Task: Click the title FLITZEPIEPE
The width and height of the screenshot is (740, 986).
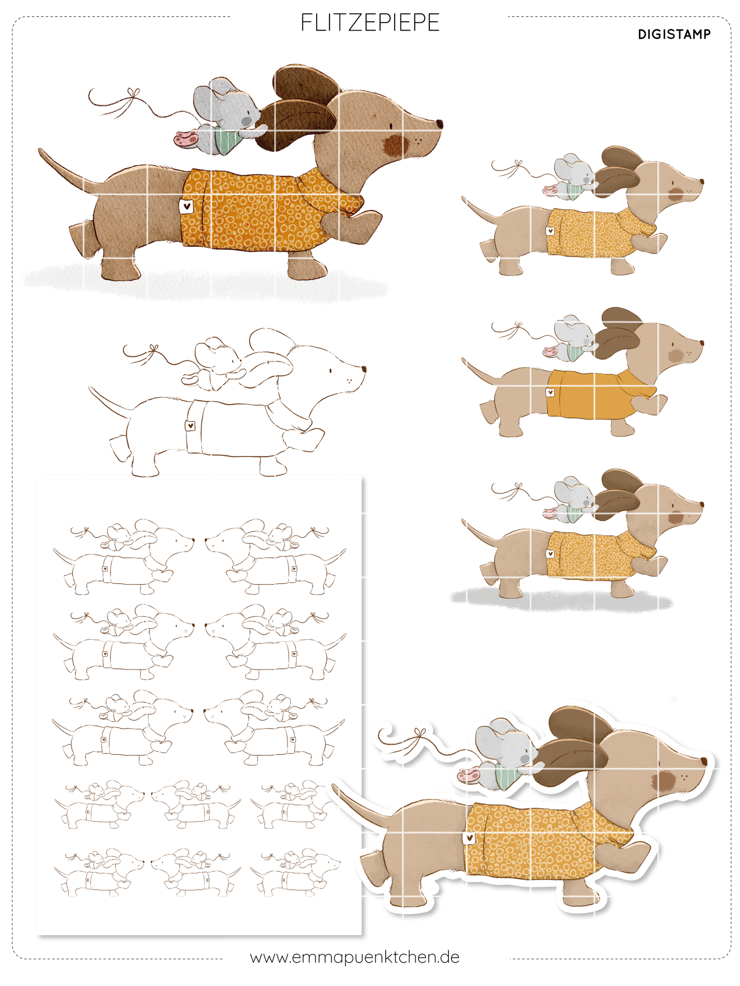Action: point(370,23)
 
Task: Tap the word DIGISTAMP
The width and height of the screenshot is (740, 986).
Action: point(674,35)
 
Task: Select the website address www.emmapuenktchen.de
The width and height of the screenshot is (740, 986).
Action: point(355,957)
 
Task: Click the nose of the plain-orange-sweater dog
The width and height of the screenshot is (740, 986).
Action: point(701,342)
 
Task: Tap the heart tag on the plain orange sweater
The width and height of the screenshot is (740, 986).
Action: point(550,392)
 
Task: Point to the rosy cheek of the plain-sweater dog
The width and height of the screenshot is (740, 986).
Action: point(675,355)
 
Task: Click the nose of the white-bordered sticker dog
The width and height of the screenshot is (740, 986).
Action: point(704,762)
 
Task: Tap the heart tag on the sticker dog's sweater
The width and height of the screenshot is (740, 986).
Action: point(469,837)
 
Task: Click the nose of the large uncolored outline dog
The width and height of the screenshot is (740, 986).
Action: point(364,369)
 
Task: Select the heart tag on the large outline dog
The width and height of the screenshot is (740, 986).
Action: point(190,426)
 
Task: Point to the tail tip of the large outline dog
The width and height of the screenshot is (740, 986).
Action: point(90,388)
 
